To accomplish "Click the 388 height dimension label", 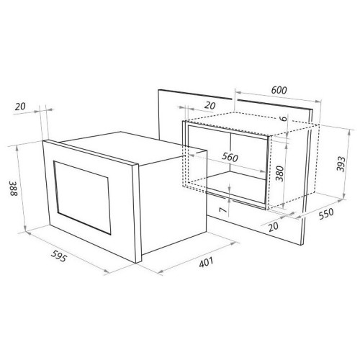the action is pos(14,188).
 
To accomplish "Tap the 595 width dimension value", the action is pos(58,256).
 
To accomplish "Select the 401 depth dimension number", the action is pos(206,262).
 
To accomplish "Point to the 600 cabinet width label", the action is pos(279,90).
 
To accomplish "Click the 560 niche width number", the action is pos(230,157).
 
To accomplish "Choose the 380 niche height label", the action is pos(279,174).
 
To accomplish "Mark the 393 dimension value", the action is pos(341,164).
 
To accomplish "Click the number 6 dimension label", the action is pos(284,118).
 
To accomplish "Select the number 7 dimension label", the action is pos(223,210).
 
